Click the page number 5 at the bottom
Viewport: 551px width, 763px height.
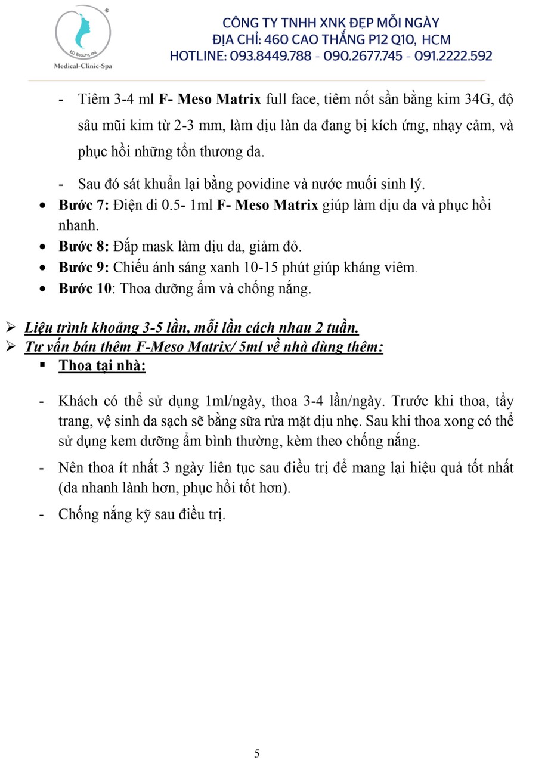point(257,753)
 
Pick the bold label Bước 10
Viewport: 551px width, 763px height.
point(85,289)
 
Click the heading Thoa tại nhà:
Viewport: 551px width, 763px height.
point(102,366)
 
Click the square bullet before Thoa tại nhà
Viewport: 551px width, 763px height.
point(43,365)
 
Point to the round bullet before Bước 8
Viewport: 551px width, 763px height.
point(43,247)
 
